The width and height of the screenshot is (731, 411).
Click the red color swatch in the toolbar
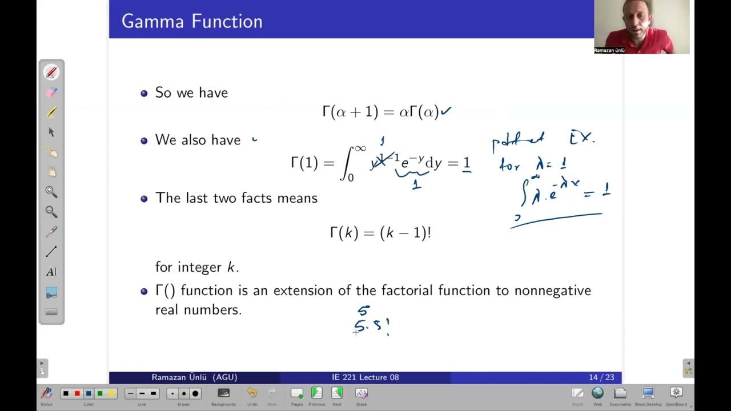pos(77,393)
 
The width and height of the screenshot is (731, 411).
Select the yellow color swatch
pos(111,393)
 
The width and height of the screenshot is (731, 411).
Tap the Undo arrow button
pos(252,393)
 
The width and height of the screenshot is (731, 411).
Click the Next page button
pos(337,393)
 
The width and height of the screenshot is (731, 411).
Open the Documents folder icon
pos(620,393)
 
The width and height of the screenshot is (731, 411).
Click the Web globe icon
pos(597,393)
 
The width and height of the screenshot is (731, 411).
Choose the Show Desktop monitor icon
pos(648,393)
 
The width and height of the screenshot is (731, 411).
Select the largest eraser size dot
pos(195,393)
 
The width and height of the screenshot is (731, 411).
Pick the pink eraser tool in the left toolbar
pos(51,92)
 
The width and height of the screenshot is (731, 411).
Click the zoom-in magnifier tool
pos(51,192)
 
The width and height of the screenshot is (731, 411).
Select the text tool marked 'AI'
pos(51,272)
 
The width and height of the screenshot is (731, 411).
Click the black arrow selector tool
pos(51,132)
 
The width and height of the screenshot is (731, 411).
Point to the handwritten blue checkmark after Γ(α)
pos(446,111)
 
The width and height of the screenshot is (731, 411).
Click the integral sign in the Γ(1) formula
pos(347,164)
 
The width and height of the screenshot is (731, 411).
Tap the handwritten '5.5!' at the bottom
pos(371,327)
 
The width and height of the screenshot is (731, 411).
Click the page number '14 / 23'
pos(601,377)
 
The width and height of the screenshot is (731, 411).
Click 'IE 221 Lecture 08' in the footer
pos(365,377)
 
